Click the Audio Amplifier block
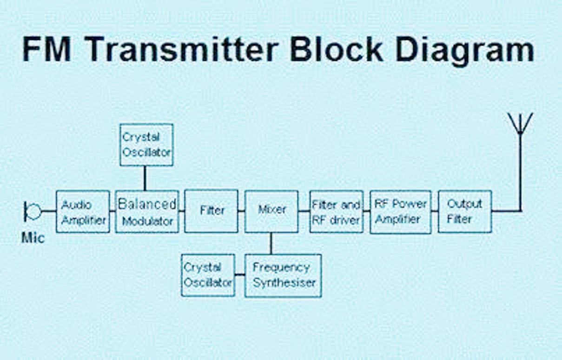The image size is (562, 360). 83,212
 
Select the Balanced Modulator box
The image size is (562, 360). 147,212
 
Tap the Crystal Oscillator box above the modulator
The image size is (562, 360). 146,145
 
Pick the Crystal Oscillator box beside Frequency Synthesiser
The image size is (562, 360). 208,275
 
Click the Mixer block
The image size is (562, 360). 271,211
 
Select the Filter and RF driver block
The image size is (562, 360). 336,212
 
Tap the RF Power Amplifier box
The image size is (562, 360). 400,212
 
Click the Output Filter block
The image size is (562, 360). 464,212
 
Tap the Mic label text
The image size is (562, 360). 33,238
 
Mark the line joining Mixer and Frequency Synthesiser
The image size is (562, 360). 271,243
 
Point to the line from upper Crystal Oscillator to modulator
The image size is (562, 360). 145,178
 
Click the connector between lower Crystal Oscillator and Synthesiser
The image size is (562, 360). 240,275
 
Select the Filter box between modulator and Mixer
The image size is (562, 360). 212,211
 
